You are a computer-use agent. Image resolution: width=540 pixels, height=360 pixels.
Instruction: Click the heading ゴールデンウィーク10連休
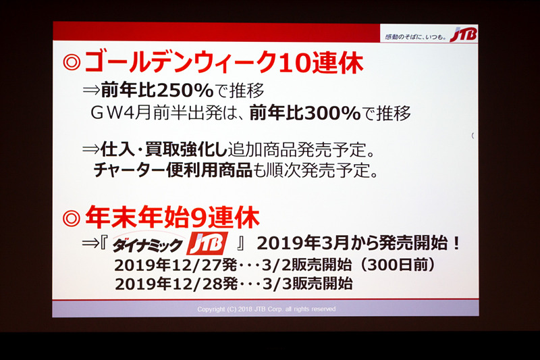[223, 64]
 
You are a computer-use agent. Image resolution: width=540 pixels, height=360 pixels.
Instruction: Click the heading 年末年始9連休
[171, 217]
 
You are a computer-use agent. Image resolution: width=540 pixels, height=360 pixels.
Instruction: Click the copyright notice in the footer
[266, 309]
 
